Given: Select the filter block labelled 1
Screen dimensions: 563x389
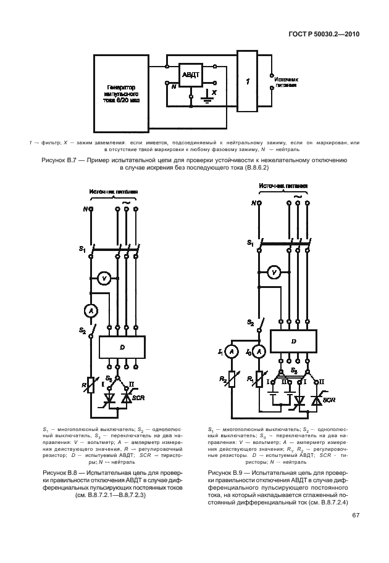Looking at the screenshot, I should (247, 81).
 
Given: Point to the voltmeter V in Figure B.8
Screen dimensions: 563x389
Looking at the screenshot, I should (105, 279).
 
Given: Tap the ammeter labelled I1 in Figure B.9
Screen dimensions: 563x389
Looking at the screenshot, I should (231, 351).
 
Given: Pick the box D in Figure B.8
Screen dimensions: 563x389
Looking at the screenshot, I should (122, 347).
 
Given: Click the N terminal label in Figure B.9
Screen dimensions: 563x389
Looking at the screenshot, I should (253, 202).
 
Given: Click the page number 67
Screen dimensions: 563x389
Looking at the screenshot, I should (356, 516).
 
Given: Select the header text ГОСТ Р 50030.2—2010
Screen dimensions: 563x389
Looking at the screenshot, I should (324, 35).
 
